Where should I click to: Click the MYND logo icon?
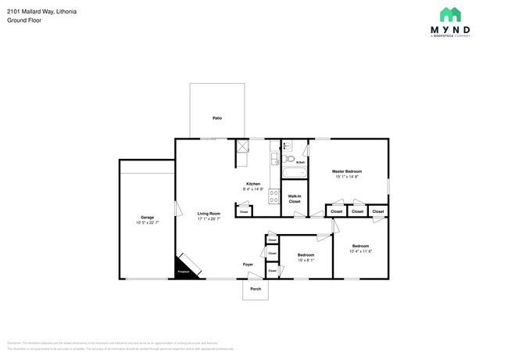coord(449,14)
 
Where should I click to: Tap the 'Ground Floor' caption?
coord(23,20)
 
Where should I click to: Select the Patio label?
coord(216,118)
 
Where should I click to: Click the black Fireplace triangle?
coord(183,269)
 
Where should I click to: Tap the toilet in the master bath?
coord(287,146)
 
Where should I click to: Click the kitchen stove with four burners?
coord(274,197)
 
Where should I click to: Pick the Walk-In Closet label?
coord(295,199)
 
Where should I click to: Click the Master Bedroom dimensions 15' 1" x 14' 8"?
coord(347,176)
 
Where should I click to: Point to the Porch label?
coord(255,289)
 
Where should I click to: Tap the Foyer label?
coord(247,265)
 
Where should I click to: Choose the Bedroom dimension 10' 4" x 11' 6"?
coord(360,250)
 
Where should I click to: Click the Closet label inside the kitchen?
coord(244,211)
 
